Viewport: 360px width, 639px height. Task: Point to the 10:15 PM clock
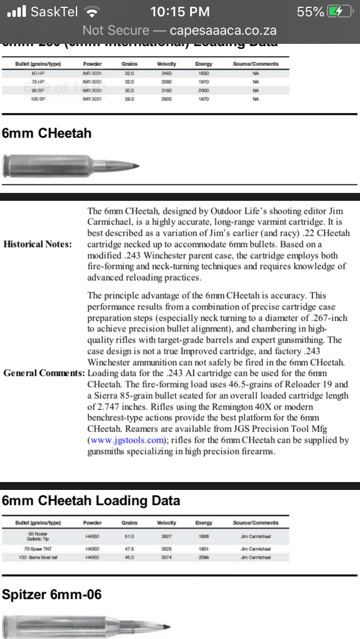point(179,12)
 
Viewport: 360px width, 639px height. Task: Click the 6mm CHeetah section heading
point(47,133)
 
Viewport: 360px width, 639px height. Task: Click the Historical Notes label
point(38,244)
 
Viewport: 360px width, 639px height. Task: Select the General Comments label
point(44,373)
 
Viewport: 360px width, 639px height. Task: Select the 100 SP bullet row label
point(38,99)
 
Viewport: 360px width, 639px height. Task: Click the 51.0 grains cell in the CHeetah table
point(129,537)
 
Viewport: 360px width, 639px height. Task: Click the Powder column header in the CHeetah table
point(92,523)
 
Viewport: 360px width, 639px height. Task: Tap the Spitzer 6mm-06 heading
point(52,594)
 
